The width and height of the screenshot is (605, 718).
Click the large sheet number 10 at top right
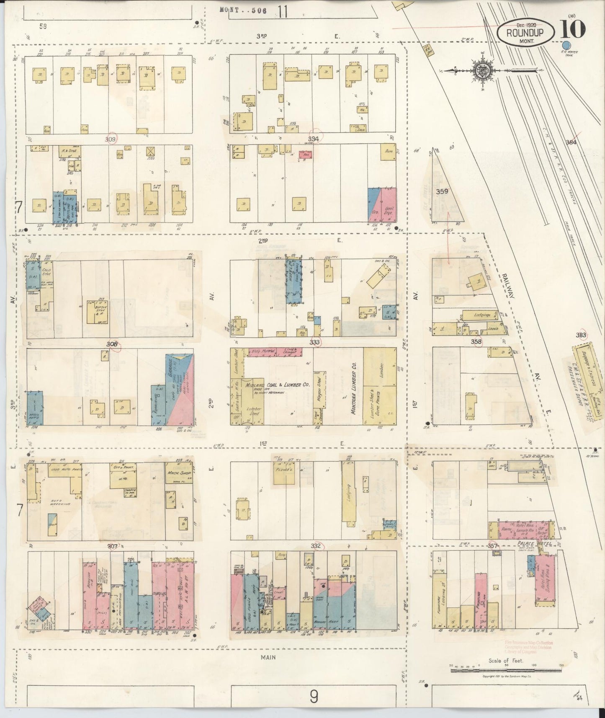click(572, 29)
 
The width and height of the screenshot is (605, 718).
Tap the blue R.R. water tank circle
click(566, 46)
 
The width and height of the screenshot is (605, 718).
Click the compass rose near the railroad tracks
click(481, 70)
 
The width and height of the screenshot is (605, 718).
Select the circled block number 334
click(313, 139)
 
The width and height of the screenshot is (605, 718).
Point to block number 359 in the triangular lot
click(442, 191)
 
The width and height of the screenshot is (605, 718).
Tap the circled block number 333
click(315, 342)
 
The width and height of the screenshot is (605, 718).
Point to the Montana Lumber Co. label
click(353, 388)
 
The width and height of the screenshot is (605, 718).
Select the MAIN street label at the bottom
click(268, 657)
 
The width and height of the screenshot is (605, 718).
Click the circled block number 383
click(581, 335)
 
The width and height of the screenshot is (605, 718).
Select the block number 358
click(476, 341)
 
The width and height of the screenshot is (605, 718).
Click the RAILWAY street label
click(507, 284)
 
